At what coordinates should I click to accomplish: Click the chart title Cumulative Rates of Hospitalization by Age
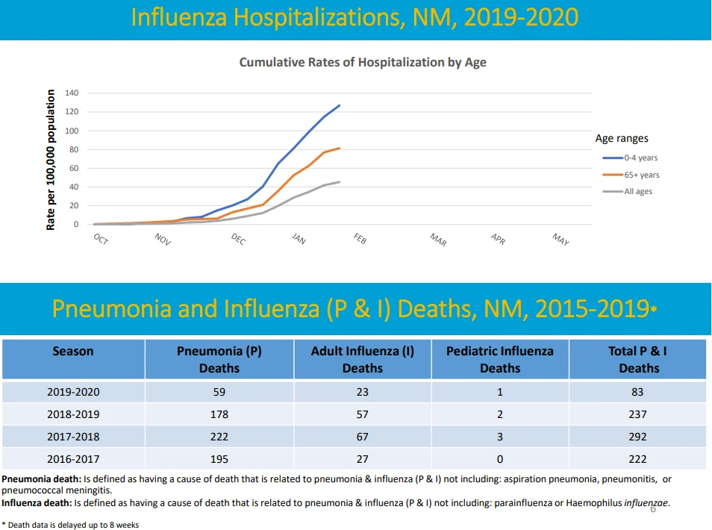(x=363, y=62)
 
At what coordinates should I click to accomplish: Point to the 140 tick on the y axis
(x=72, y=93)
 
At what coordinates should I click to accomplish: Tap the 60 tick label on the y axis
(x=74, y=168)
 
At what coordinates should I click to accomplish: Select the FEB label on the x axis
(x=360, y=238)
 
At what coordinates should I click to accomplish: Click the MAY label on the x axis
(x=560, y=239)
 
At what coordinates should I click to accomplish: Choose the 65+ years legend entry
(x=631, y=175)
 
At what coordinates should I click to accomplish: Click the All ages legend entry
(x=628, y=191)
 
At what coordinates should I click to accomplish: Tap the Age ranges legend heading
(x=622, y=138)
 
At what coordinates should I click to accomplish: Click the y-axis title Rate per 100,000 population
(x=51, y=160)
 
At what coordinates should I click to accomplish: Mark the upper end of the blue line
(x=339, y=105)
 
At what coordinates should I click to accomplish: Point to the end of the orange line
(x=339, y=148)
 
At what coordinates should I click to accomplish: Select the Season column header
(x=73, y=351)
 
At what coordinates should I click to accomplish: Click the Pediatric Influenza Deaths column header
(x=500, y=359)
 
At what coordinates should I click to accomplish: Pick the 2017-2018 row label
(x=73, y=437)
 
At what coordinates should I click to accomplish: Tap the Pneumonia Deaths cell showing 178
(x=219, y=414)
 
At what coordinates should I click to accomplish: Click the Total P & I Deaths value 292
(x=637, y=437)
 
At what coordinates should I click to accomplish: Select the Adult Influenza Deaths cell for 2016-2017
(x=363, y=459)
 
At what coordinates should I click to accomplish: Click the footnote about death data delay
(x=70, y=525)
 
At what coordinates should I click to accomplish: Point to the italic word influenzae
(x=646, y=502)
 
